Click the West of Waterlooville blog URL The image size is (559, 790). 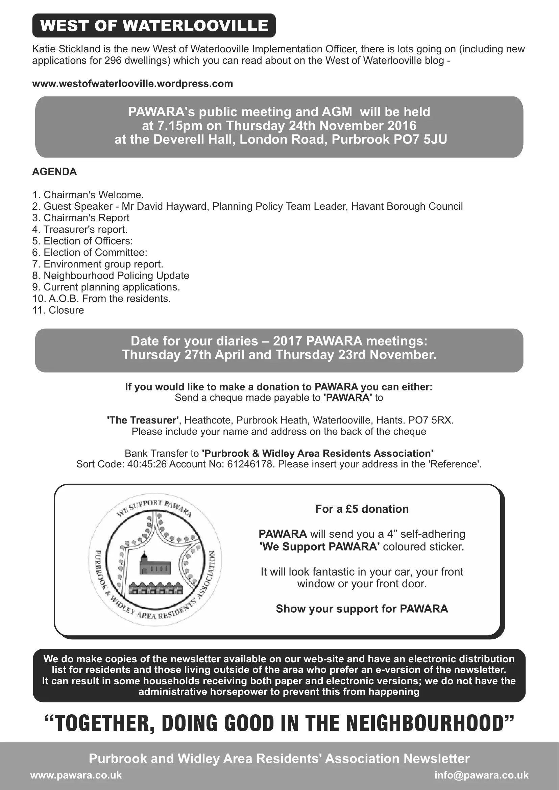point(132,84)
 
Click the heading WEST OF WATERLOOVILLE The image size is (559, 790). point(154,26)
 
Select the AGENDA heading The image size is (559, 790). point(54,172)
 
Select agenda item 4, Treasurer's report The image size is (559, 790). point(80,229)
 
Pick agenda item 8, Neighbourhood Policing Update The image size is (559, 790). point(111,276)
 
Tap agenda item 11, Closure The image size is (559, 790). point(58,310)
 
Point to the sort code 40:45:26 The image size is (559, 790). point(147,464)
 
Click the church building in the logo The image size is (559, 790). point(154,564)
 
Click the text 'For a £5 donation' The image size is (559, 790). point(362,509)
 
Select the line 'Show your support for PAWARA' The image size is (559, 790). point(362,609)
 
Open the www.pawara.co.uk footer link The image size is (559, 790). point(76,775)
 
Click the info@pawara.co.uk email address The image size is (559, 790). point(481,775)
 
